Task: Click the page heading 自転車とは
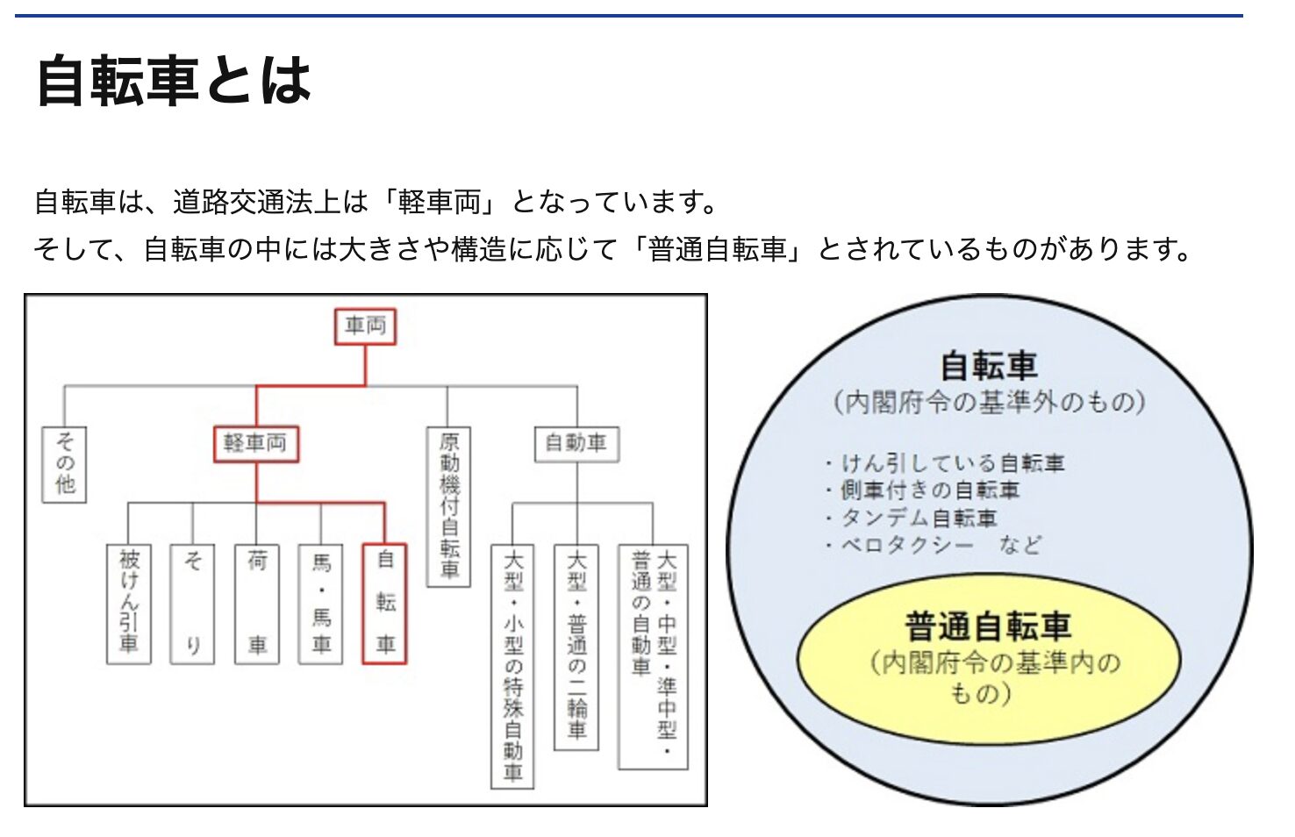(x=174, y=81)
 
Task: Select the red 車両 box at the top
(x=365, y=326)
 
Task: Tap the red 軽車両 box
(x=256, y=443)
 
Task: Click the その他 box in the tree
(x=64, y=464)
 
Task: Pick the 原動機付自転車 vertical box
(x=448, y=506)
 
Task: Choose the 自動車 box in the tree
(x=576, y=443)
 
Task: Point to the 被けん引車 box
(x=129, y=604)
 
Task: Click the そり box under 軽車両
(x=193, y=604)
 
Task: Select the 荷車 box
(x=257, y=604)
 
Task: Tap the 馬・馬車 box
(x=321, y=604)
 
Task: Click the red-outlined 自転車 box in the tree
(x=385, y=604)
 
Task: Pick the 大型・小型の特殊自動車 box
(x=512, y=666)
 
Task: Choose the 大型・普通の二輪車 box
(x=576, y=647)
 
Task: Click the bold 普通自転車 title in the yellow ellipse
(x=988, y=626)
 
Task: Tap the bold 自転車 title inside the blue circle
(x=989, y=365)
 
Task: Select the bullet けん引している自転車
(x=952, y=462)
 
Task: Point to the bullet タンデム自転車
(x=919, y=518)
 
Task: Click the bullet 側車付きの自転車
(x=929, y=490)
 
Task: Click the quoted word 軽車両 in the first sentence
(x=440, y=203)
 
